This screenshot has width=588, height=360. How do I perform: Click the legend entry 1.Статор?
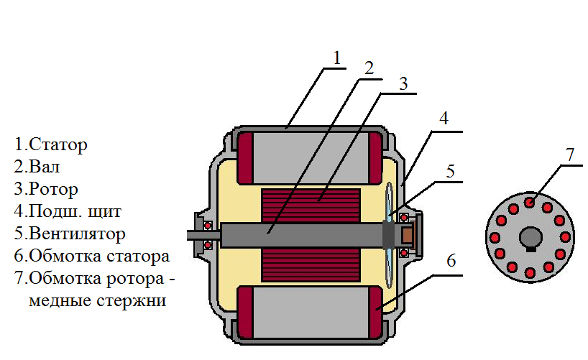click(51, 144)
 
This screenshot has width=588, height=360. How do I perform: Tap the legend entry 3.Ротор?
click(46, 189)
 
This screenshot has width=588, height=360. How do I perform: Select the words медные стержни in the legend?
click(98, 300)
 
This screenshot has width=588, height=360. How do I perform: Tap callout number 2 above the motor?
click(368, 69)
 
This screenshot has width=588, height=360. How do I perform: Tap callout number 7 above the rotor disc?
click(570, 153)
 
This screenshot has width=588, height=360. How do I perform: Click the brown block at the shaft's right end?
click(408, 234)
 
